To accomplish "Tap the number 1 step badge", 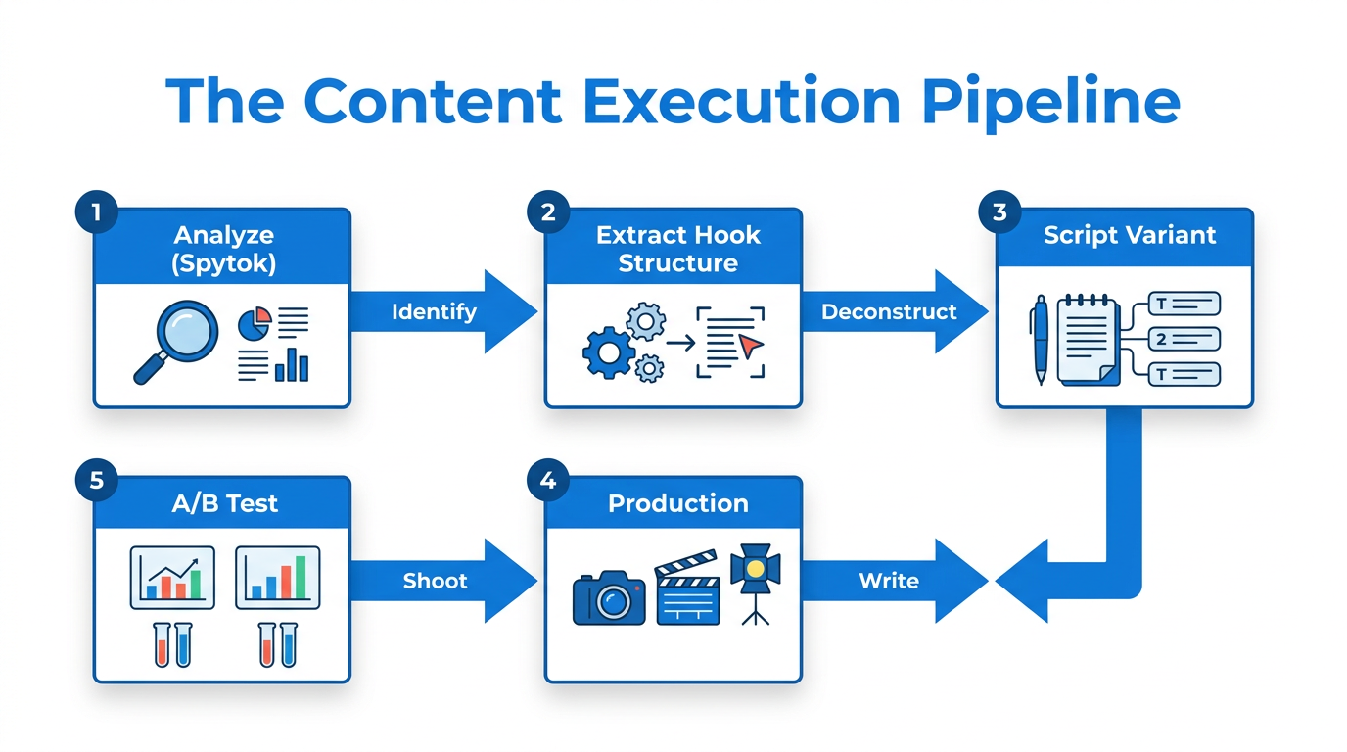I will point(96,212).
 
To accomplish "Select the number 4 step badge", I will point(547,481).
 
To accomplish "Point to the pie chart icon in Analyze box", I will point(255,324).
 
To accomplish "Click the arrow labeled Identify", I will point(441,311).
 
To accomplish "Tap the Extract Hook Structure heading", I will point(677,249).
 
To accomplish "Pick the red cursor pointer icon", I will point(749,346).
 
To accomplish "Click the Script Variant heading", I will point(1129,235).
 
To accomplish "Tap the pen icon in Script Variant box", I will point(1039,340).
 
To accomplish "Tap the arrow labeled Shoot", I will point(441,581).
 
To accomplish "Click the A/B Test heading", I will point(225,503).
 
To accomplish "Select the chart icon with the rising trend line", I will point(172,577).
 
